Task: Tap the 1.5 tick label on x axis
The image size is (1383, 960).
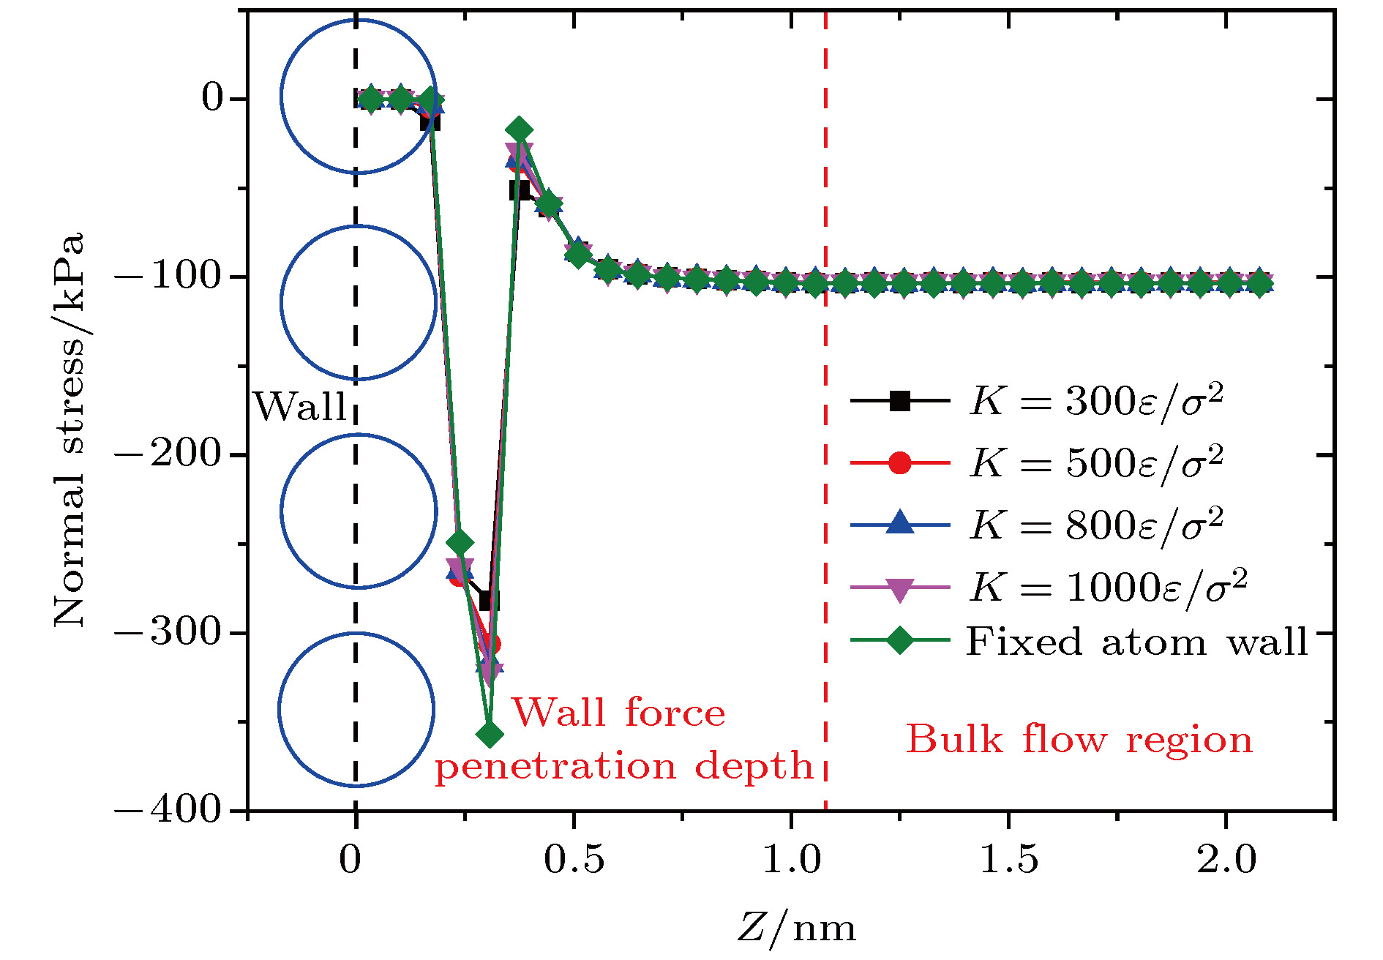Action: coord(1008,860)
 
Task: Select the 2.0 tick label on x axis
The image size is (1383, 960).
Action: coord(1226,860)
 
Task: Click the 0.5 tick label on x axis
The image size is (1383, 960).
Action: coord(574,860)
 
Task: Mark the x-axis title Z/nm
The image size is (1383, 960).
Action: coord(796,928)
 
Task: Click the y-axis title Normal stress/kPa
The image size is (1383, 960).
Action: coord(69,430)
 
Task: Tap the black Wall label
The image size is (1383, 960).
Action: coord(300,407)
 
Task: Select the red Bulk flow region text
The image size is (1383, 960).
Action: coord(1079,739)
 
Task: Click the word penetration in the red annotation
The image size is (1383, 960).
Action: coord(556,767)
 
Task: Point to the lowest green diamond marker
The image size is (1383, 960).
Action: coord(490,734)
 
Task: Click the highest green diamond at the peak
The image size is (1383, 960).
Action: coord(519,130)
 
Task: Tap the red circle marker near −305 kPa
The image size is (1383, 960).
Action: coord(492,644)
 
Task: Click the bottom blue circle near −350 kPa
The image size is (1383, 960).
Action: coord(356,709)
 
